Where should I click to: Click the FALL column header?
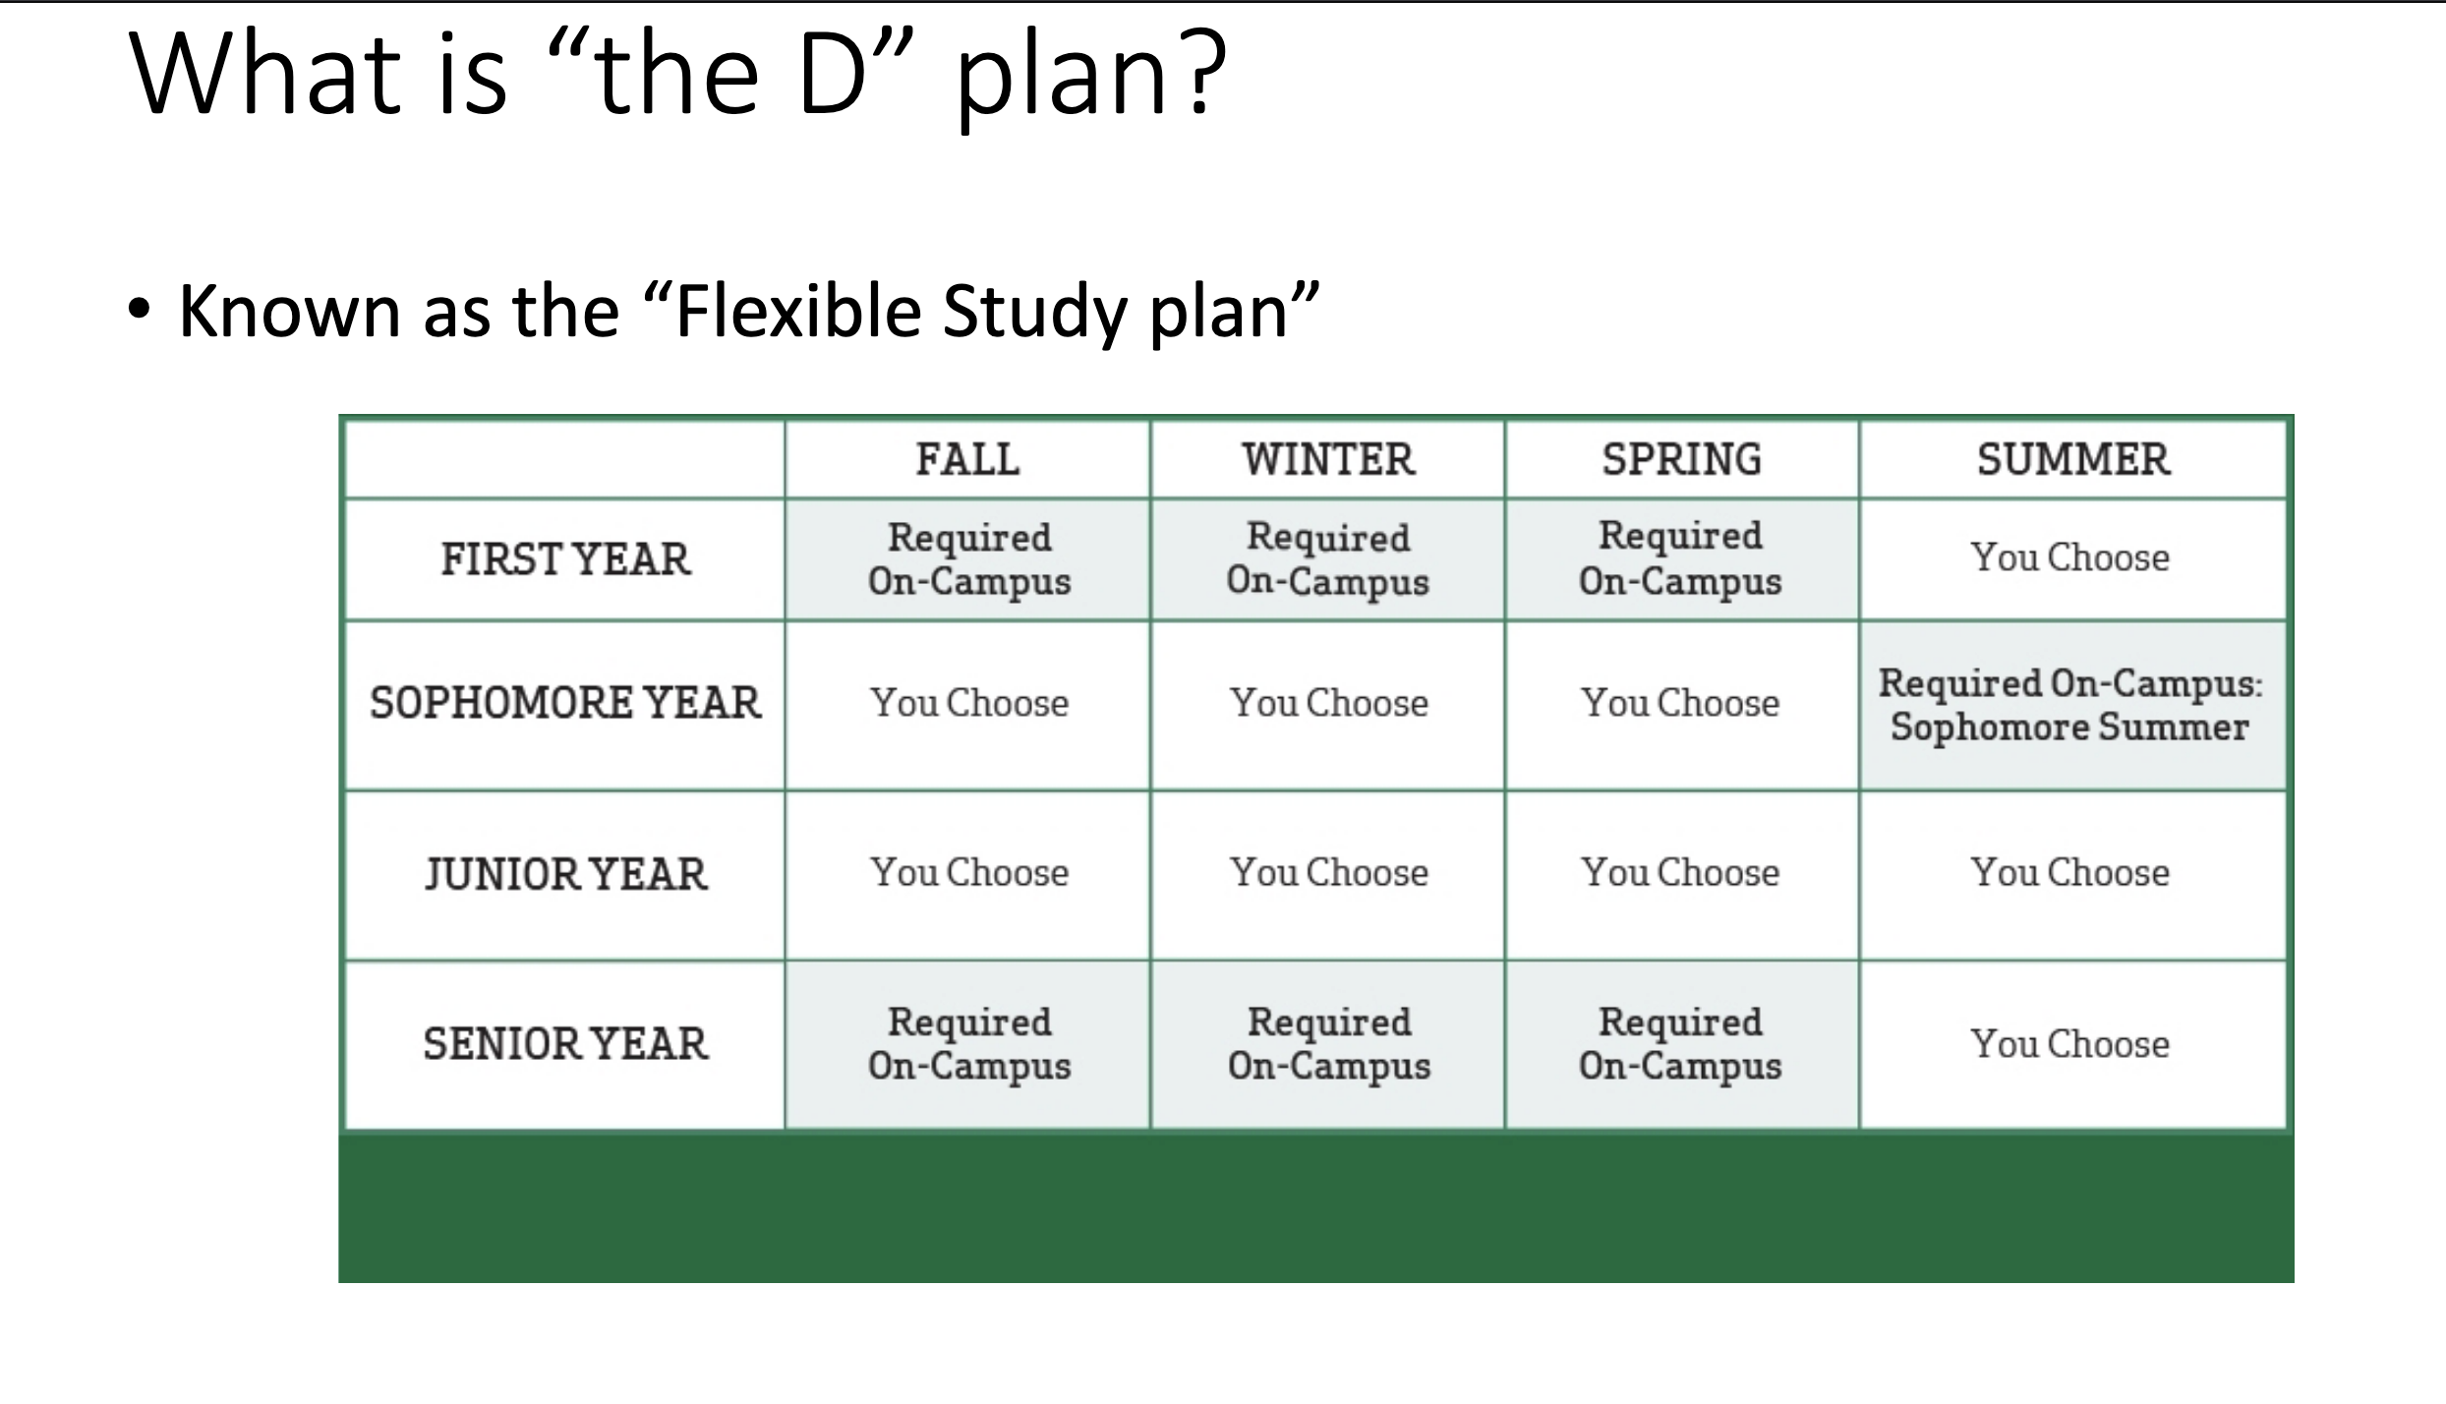(967, 459)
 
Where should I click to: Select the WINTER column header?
(1328, 459)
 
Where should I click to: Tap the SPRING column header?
(1681, 459)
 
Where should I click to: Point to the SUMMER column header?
(2073, 459)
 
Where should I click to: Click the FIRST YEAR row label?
(565, 559)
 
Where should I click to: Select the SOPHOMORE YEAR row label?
(565, 703)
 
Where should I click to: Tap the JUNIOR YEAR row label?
(565, 874)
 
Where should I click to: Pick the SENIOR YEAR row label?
(565, 1044)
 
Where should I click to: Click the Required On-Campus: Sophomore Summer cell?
(2072, 705)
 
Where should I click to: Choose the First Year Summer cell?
(2072, 559)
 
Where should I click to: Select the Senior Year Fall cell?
(967, 1045)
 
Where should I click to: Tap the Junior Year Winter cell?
(1327, 875)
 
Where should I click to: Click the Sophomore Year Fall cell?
(967, 705)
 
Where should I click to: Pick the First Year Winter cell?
(1327, 559)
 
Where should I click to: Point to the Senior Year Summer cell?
(2072, 1045)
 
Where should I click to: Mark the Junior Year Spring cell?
(1681, 875)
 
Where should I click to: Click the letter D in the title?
(832, 73)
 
